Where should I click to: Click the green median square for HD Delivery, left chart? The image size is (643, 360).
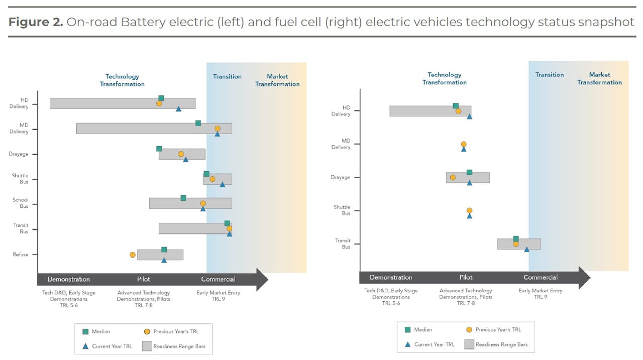pyautogui.click(x=161, y=98)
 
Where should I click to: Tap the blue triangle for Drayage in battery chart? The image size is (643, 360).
pyautogui.click(x=186, y=160)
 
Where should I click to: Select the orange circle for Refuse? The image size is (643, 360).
pyautogui.click(x=133, y=255)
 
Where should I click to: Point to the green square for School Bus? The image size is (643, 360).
pyautogui.click(x=183, y=198)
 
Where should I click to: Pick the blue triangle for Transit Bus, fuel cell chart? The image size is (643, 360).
pyautogui.click(x=527, y=250)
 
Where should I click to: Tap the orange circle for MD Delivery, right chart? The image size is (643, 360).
pyautogui.click(x=464, y=144)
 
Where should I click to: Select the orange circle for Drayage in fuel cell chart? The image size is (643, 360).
pyautogui.click(x=453, y=177)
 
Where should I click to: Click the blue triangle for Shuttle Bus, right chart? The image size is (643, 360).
pyautogui.click(x=470, y=216)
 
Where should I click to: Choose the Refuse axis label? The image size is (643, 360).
pyautogui.click(x=21, y=255)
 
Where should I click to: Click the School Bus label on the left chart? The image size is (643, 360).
pyautogui.click(x=21, y=203)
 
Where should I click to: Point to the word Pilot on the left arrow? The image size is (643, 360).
pyautogui.click(x=144, y=279)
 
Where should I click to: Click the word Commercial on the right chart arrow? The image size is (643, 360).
pyautogui.click(x=541, y=277)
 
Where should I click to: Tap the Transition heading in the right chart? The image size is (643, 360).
pyautogui.click(x=550, y=75)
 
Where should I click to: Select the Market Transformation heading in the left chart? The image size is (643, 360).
pyautogui.click(x=277, y=80)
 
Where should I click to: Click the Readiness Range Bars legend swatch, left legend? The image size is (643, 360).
pyautogui.click(x=147, y=346)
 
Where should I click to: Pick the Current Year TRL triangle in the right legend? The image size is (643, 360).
pyautogui.click(x=408, y=344)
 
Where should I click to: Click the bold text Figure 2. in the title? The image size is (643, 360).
pyautogui.click(x=35, y=23)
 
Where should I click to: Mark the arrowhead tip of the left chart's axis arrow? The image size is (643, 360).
pyautogui.click(x=267, y=280)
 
